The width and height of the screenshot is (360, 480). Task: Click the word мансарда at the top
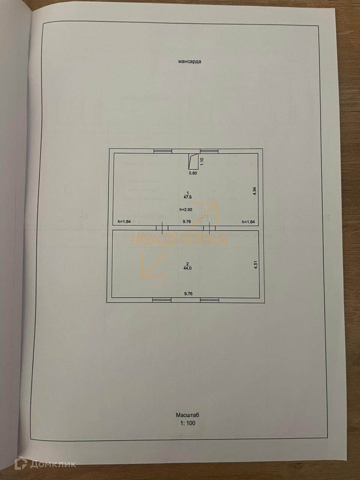point(189,61)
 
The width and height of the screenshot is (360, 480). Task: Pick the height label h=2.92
point(186,210)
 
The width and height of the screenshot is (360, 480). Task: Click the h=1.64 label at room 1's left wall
point(124,222)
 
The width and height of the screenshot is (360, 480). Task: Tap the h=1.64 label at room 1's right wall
point(248,222)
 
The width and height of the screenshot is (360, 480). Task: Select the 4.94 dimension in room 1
point(255,190)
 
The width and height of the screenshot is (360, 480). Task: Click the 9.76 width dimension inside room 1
point(187,222)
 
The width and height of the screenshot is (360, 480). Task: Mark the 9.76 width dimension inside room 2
point(188,294)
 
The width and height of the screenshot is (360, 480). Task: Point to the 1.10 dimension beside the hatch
point(202,162)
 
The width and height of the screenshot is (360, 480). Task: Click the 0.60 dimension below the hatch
point(192,173)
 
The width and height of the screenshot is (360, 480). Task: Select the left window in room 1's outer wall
point(162,151)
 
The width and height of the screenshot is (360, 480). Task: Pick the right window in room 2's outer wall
point(209,300)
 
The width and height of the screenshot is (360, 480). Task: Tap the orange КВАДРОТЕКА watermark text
point(179,239)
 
